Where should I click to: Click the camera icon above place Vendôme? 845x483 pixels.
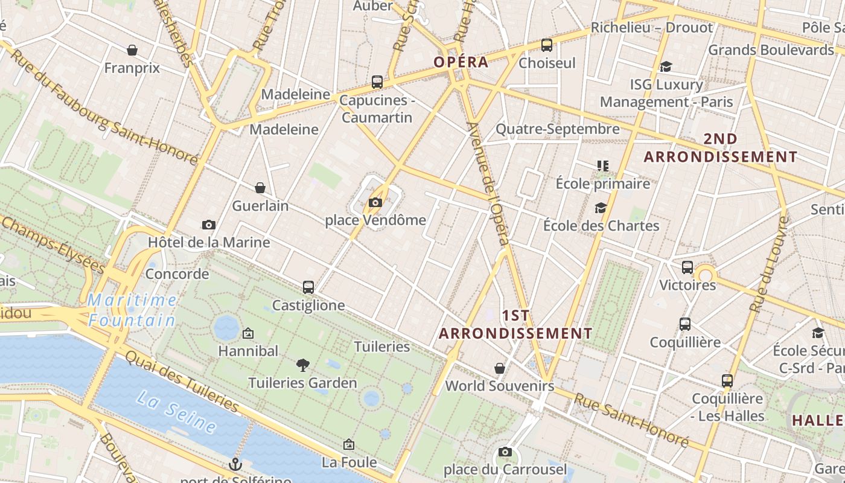[x=375, y=202]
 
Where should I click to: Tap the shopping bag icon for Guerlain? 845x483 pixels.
[x=260, y=188]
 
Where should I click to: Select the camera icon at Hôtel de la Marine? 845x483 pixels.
[x=209, y=225]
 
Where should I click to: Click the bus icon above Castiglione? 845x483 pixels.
[x=308, y=287]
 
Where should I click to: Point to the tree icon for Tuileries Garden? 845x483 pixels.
[x=303, y=365]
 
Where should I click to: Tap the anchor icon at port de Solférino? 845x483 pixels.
[x=235, y=464]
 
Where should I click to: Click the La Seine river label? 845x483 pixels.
[x=176, y=412]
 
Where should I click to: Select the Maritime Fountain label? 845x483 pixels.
[x=132, y=310]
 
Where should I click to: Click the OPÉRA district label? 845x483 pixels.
[x=461, y=62]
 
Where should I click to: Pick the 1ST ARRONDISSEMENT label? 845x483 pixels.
[x=515, y=324]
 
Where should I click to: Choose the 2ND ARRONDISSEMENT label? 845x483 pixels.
[x=720, y=148]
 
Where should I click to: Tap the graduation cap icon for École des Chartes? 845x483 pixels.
[x=601, y=208]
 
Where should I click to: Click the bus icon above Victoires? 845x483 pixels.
[x=687, y=267]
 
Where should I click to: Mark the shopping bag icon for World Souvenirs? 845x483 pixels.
[x=500, y=368]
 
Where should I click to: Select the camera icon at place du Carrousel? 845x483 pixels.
[x=505, y=452]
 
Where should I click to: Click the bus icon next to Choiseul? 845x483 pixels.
[x=547, y=45]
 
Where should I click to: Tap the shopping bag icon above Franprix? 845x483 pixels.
[x=132, y=50]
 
